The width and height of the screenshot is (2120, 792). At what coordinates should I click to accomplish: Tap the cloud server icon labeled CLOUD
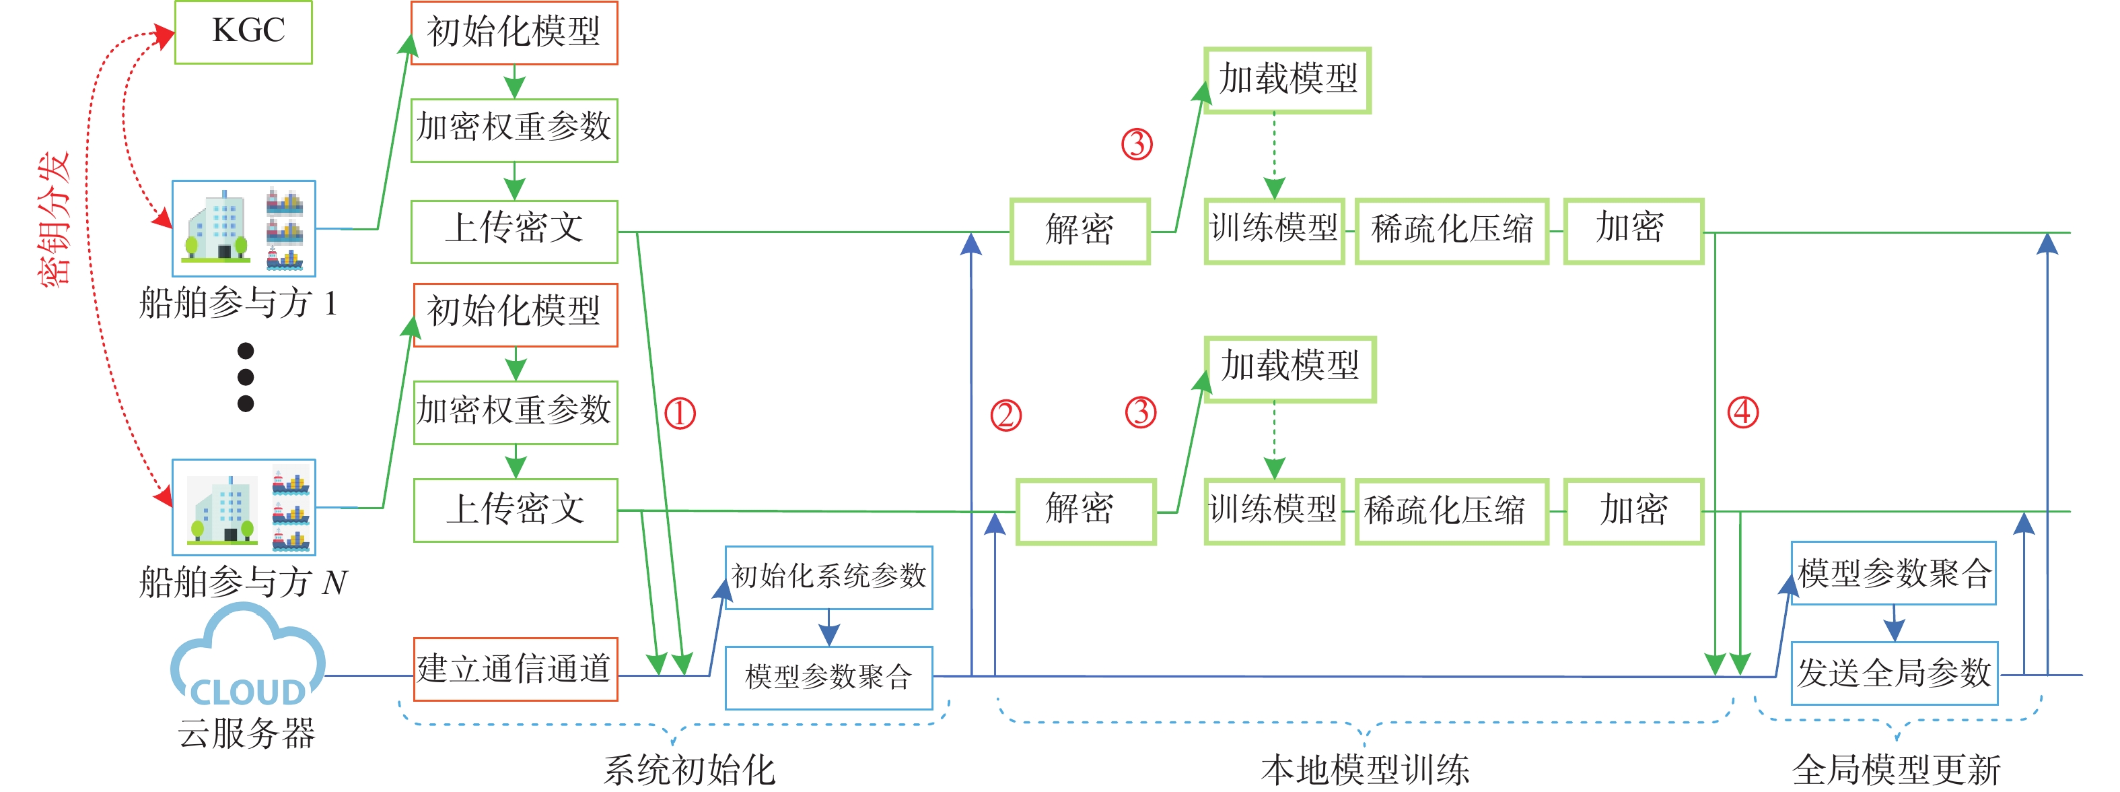point(247,659)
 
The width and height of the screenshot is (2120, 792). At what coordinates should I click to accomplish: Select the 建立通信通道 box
point(515,669)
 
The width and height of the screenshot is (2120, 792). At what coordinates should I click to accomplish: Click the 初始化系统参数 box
point(828,576)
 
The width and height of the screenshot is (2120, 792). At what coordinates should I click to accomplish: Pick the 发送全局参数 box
point(1894,673)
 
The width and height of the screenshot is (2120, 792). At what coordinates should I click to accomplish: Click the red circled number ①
point(680,414)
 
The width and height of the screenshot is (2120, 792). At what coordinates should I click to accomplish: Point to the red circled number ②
point(1005,415)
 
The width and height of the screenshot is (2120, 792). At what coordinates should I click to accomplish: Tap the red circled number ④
point(1742,411)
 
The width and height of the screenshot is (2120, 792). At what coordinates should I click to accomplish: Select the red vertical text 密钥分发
point(55,220)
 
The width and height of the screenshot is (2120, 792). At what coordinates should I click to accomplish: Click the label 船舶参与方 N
point(244,582)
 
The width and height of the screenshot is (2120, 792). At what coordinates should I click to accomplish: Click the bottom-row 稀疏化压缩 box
point(1452,510)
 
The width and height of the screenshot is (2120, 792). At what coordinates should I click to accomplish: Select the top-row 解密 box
point(1079,230)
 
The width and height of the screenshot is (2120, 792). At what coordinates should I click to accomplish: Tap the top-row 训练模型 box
point(1274,230)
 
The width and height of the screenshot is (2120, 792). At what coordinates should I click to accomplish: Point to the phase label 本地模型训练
point(1364,770)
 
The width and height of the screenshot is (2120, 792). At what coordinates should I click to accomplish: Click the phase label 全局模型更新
point(1896,770)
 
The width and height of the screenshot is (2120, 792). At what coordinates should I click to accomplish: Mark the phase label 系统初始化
point(689,770)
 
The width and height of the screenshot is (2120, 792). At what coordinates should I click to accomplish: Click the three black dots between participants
point(245,377)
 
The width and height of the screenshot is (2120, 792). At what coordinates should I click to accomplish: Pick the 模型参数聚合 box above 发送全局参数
point(1894,573)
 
